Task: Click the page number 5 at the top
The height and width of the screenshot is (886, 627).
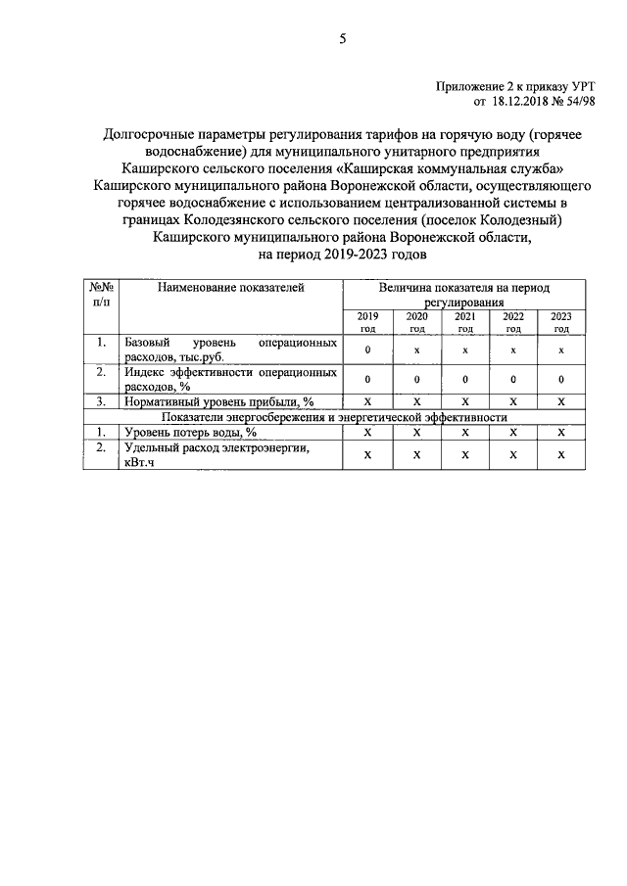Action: coord(342,39)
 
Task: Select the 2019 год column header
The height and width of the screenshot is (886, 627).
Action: coord(367,322)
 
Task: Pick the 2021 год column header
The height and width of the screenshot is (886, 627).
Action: coord(465,322)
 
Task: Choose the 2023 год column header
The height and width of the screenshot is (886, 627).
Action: coord(561,322)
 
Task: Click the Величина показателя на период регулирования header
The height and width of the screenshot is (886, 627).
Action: coord(464,296)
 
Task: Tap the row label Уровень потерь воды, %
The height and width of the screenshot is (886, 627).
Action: coord(190,432)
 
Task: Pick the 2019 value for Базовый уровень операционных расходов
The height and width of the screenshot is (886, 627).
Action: coord(367,350)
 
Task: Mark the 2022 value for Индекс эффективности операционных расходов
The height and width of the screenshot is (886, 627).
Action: coord(513,379)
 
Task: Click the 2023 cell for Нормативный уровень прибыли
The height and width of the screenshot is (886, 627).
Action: coord(561,400)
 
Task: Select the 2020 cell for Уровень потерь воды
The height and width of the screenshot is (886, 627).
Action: coord(416,432)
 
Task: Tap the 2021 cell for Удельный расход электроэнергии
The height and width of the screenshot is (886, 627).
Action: coord(465,454)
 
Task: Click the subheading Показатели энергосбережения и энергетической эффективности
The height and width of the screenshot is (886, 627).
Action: coord(333,416)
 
